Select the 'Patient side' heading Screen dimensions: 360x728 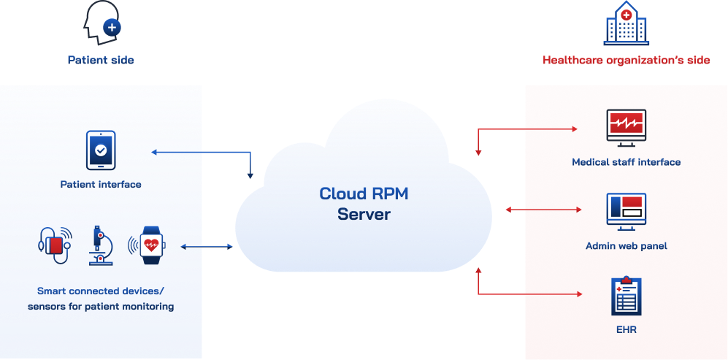101,60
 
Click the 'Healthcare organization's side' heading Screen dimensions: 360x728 626,60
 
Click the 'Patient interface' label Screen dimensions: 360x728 101,185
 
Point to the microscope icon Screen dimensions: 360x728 99,245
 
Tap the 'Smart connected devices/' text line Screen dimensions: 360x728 101,290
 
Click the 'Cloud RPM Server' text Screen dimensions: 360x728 364,204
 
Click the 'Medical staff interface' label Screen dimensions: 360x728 626,162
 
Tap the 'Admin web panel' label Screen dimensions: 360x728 626,246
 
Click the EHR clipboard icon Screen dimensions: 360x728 626,295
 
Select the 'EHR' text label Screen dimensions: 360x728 626,330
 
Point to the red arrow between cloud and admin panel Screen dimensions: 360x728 544,210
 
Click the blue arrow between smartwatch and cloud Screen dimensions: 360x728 207,247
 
